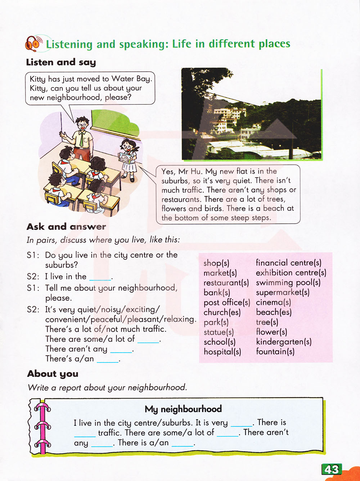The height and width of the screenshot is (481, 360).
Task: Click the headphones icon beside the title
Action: click(x=33, y=44)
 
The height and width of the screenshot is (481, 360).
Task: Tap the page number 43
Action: click(x=332, y=469)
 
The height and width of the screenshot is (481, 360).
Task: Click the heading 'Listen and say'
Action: click(x=61, y=62)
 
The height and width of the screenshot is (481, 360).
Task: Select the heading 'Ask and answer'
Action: click(x=66, y=226)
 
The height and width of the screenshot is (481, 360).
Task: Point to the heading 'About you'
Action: click(x=53, y=374)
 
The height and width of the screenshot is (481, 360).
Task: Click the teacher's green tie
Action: click(x=82, y=140)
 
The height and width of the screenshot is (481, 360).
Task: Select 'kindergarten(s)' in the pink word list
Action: click(x=284, y=342)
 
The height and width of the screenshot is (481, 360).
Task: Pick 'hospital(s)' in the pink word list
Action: click(x=222, y=351)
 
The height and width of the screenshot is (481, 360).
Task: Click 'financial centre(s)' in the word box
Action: click(x=288, y=263)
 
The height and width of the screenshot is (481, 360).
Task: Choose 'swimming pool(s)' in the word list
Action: click(x=288, y=283)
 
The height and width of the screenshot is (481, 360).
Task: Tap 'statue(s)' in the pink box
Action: click(x=219, y=332)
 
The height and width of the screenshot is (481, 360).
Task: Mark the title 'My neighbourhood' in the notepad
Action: click(x=183, y=409)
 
